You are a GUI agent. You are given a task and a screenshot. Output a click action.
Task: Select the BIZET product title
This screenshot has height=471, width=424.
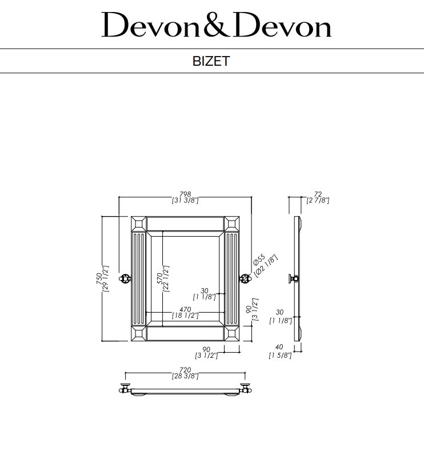[211, 61]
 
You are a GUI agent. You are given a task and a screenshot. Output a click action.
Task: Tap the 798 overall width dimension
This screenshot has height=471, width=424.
[185, 194]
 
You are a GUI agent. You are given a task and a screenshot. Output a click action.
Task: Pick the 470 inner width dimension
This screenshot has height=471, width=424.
[185, 309]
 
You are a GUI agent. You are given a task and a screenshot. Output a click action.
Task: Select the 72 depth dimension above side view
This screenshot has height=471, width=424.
[318, 194]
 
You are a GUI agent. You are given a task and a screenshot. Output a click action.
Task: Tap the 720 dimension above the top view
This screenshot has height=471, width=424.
[185, 370]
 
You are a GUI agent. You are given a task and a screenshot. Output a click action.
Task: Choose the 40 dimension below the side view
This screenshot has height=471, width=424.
[279, 348]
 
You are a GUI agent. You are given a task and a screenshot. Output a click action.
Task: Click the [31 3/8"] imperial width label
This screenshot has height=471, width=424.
[185, 201]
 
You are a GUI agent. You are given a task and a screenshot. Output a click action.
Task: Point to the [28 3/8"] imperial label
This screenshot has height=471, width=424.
[185, 376]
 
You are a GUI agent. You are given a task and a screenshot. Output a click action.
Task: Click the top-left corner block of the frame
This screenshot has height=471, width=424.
[138, 224]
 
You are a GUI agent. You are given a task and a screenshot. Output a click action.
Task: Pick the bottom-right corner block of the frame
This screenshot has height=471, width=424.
[232, 333]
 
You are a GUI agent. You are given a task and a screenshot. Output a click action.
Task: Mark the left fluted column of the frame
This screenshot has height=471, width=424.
[139, 278]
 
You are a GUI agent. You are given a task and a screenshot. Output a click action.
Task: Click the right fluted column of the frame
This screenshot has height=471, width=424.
[232, 278]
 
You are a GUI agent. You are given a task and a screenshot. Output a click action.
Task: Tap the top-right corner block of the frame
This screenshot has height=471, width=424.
[232, 224]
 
